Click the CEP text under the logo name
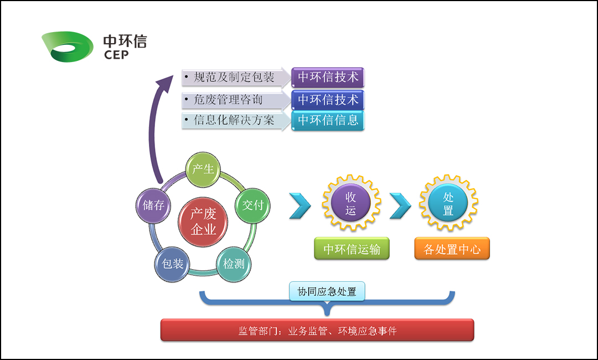116,54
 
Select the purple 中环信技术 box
328,78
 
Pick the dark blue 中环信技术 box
328,100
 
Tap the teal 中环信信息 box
328,120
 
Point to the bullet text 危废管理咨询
228,100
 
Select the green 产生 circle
203,168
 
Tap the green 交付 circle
253,205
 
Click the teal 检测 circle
234,264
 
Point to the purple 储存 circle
153,205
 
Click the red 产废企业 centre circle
203,222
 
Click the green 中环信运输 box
352,249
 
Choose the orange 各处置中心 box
452,249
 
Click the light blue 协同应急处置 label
327,291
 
